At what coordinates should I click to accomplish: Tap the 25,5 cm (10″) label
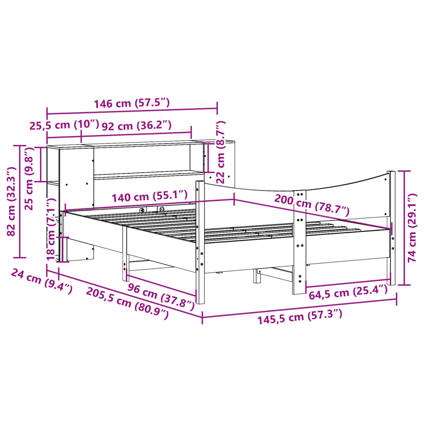click(64, 125)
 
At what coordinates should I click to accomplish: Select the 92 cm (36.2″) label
click(136, 125)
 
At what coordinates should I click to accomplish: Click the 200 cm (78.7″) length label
click(311, 205)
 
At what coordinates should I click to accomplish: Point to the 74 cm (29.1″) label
click(412, 227)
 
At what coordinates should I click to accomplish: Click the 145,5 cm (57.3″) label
click(300, 318)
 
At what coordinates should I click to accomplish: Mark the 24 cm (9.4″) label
click(41, 281)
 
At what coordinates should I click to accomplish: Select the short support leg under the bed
click(257, 276)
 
